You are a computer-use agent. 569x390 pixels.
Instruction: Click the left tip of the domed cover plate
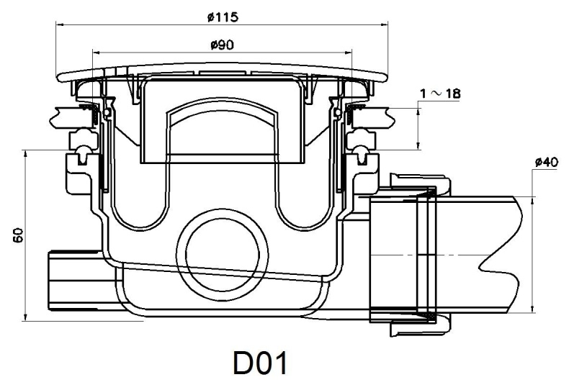pos(57,75)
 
